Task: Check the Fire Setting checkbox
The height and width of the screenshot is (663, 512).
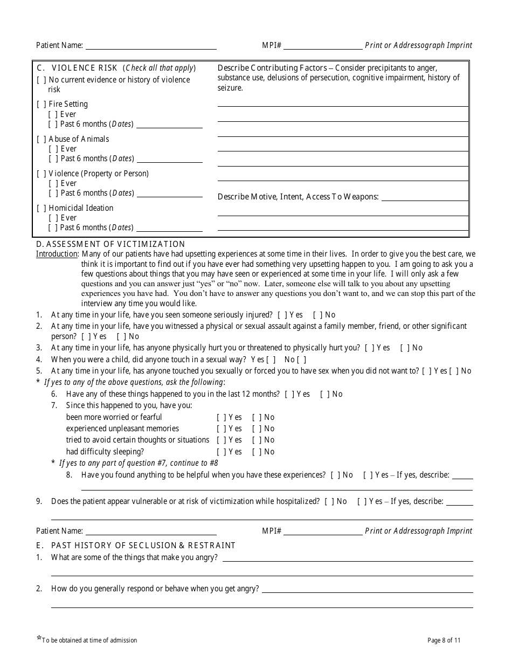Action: click(41, 104)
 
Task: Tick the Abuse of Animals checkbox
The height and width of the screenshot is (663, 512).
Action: click(41, 139)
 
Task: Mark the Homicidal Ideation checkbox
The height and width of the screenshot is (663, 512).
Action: click(41, 208)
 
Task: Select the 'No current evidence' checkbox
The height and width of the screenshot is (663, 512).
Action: click(41, 80)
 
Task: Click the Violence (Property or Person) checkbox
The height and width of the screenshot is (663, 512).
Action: click(41, 174)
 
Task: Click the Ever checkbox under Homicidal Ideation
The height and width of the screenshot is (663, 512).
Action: click(53, 218)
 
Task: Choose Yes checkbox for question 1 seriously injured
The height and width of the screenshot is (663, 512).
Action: click(282, 315)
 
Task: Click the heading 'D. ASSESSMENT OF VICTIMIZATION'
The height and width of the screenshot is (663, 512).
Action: click(110, 244)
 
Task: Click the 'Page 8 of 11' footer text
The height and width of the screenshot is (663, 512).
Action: click(444, 640)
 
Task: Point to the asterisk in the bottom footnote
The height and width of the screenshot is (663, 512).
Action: click(38, 639)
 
